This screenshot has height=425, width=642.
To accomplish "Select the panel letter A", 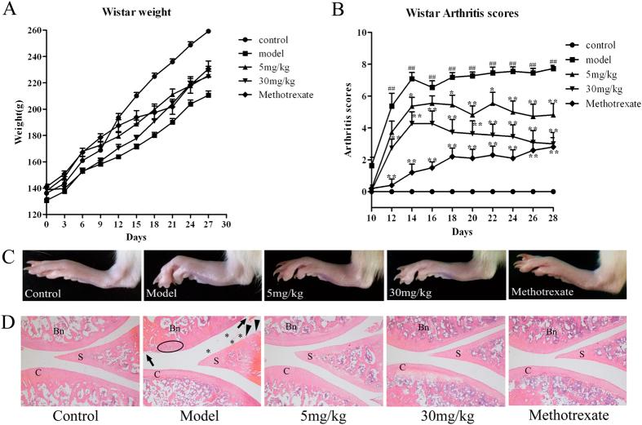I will pos(9,10).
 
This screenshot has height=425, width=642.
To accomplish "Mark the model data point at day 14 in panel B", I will pos(413,78).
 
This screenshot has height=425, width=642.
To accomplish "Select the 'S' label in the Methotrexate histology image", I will pos(581,355).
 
